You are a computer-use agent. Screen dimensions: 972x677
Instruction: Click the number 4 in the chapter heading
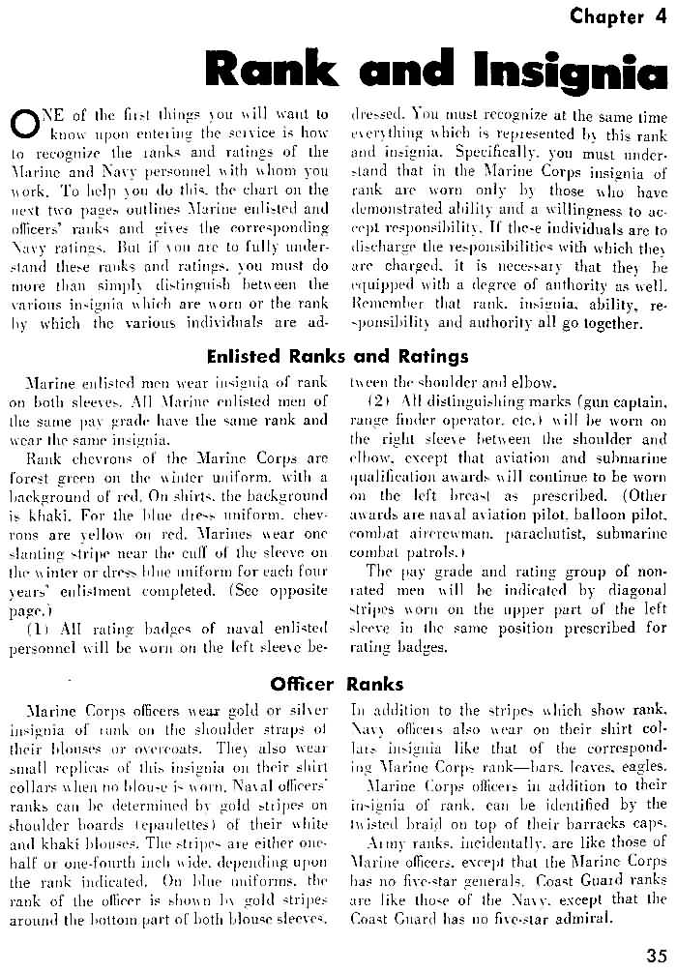661,16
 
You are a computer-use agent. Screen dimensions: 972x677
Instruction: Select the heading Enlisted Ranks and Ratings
338,356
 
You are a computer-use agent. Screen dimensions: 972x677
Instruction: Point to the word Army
388,843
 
